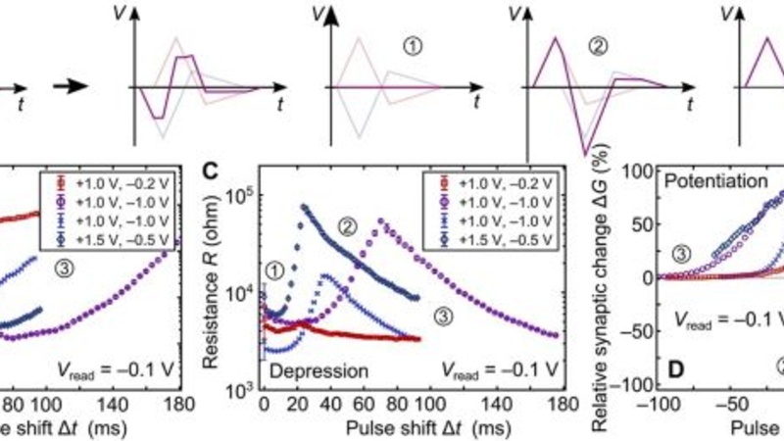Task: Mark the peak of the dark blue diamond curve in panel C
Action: tap(304, 207)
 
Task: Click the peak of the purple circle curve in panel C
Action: tap(381, 220)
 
